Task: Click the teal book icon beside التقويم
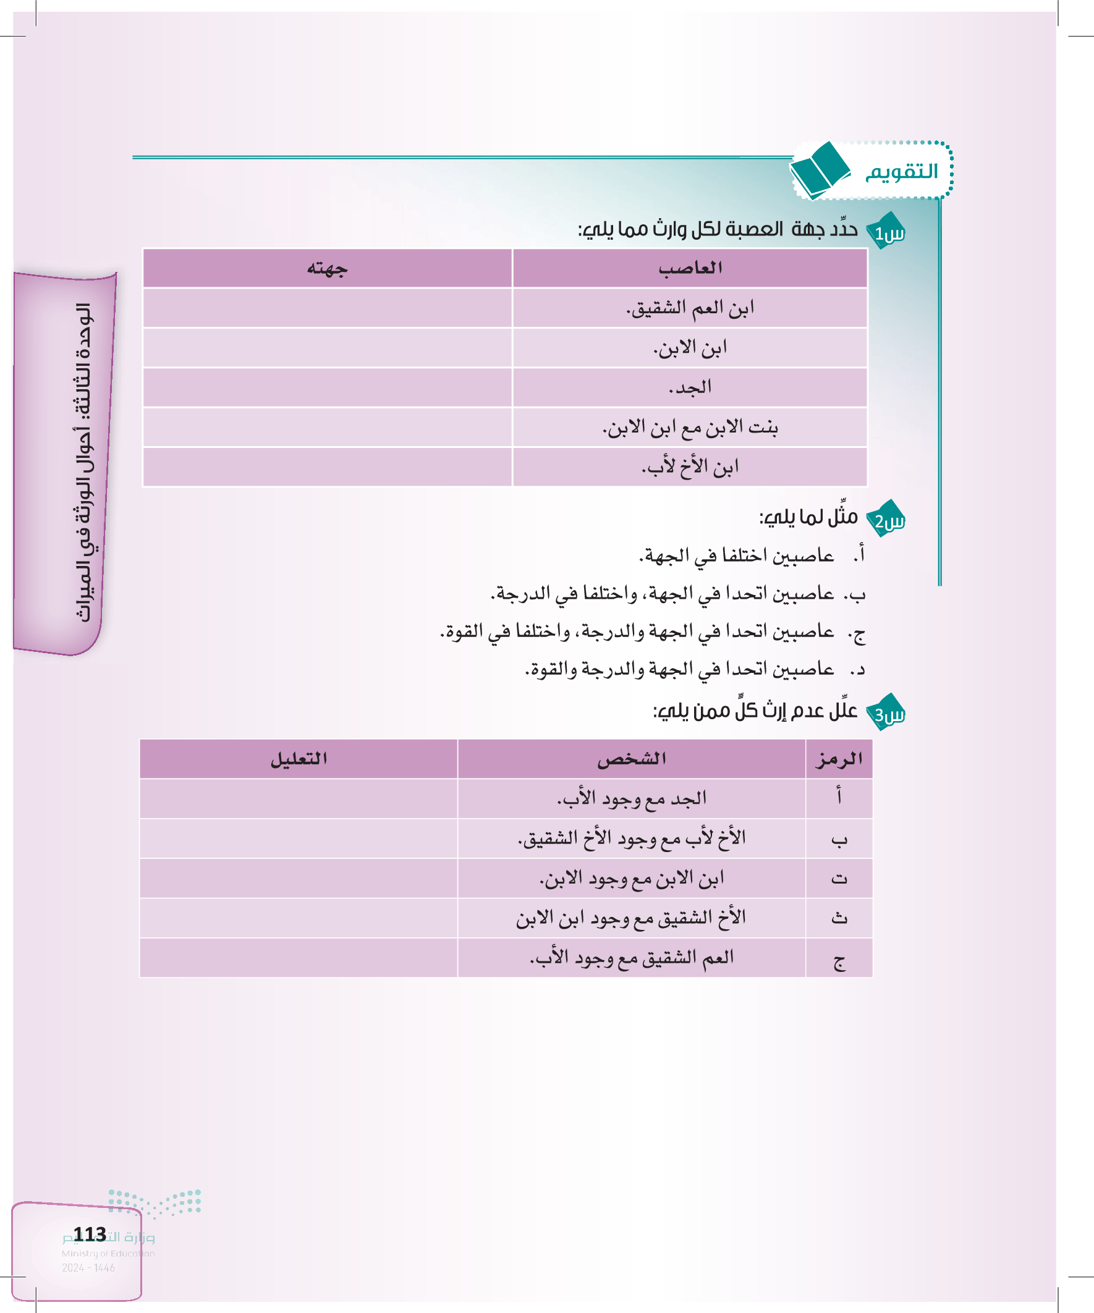pos(820,170)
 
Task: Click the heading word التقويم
pos(901,171)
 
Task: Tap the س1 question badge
pos(888,232)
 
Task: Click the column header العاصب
pos(690,268)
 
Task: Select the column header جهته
pos(327,268)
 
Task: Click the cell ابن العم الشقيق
pos(690,308)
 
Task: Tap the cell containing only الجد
pos(690,387)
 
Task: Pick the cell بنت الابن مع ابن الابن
pos(690,428)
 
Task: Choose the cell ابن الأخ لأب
pos(690,467)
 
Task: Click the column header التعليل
pos(299,759)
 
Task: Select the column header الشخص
pos(631,759)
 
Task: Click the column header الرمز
pos(839,759)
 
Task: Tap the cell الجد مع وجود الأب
pos(631,798)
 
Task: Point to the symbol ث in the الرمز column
pos(839,918)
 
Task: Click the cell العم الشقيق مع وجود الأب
pos(631,958)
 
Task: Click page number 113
pos(90,1235)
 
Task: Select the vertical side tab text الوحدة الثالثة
pos(84,463)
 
